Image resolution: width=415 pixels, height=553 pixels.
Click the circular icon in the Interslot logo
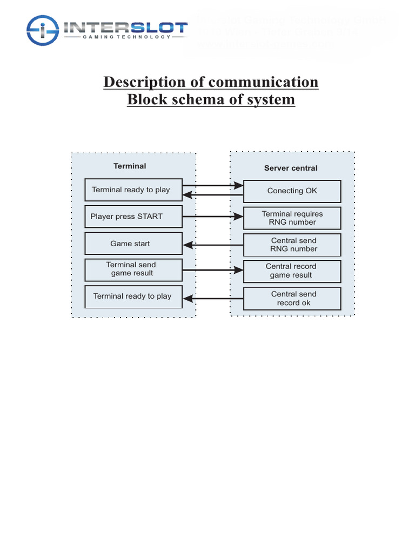tap(42, 30)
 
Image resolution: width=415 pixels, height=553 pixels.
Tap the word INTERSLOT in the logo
tap(125, 27)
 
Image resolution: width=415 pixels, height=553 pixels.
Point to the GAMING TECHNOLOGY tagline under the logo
tap(125, 38)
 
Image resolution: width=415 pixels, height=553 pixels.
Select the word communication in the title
tap(263, 82)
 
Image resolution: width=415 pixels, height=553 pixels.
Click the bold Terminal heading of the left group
tap(130, 166)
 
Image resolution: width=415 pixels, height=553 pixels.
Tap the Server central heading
tap(291, 168)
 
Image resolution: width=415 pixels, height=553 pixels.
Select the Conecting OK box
tap(292, 191)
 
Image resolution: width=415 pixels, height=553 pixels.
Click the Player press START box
tap(133, 217)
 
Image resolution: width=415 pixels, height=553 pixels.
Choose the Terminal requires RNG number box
tap(292, 218)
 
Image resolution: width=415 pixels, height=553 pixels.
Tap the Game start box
tap(133, 244)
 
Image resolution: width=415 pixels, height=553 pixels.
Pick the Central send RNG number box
tap(292, 245)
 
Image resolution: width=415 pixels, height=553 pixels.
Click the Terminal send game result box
tap(133, 269)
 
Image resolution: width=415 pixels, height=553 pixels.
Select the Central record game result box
tap(292, 271)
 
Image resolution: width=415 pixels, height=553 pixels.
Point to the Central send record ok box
tap(292, 299)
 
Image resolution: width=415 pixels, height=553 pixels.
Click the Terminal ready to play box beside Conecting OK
tap(133, 190)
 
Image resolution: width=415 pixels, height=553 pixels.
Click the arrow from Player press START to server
tap(213, 217)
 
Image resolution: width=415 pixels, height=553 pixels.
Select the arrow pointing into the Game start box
tap(213, 245)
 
